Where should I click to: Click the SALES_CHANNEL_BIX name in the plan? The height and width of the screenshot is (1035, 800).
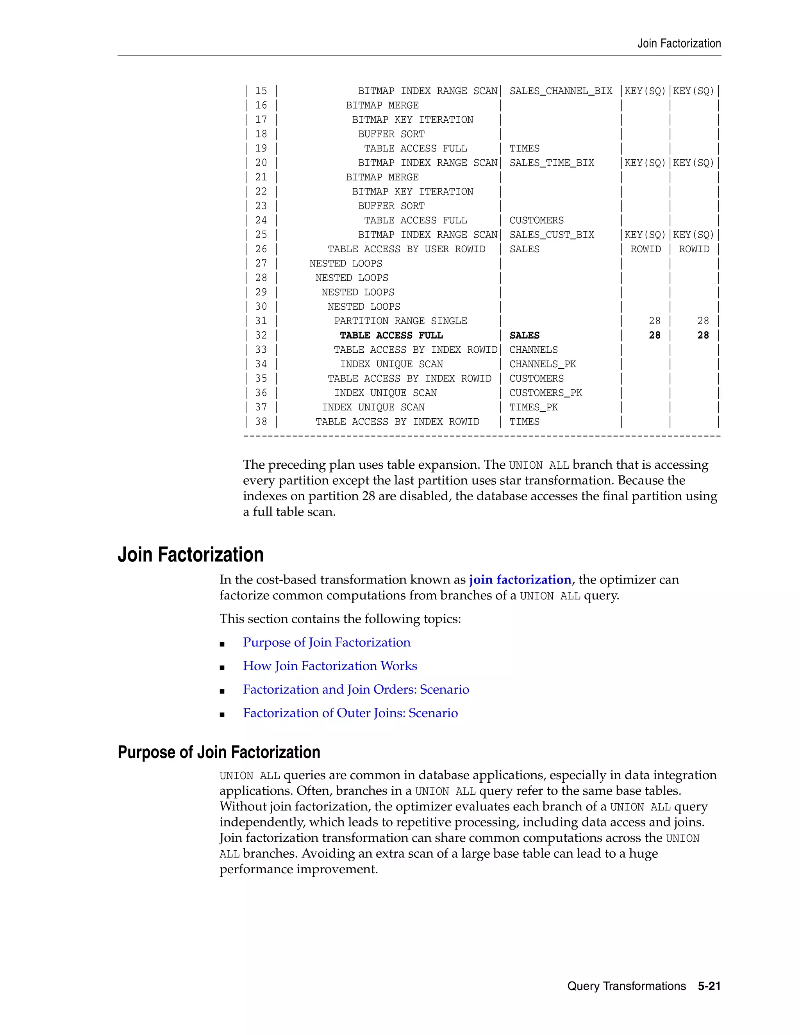point(561,91)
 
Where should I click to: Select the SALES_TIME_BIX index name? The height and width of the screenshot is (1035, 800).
point(552,163)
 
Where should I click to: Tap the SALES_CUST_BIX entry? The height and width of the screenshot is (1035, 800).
point(552,235)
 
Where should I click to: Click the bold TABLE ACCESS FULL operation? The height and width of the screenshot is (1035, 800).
point(391,335)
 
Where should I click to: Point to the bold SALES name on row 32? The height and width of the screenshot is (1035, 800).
point(524,335)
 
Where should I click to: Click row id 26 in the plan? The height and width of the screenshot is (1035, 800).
point(261,249)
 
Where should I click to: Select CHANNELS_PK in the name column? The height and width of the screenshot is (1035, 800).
point(543,364)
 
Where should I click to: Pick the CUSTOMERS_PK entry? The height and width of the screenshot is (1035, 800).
point(545,393)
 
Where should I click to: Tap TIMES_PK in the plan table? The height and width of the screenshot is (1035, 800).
point(534,407)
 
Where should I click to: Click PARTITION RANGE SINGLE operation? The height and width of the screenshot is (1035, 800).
point(400,321)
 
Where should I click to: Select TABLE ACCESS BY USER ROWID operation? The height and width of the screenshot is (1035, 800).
point(406,249)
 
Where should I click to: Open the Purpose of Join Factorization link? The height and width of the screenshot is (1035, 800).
point(327,642)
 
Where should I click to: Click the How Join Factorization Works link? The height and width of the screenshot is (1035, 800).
point(330,666)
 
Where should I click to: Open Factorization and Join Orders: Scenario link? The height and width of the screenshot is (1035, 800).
point(356,689)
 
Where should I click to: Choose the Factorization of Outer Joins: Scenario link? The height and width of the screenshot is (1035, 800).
point(350,713)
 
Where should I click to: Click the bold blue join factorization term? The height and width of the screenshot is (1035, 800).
point(520,580)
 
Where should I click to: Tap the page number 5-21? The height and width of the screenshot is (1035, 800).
point(709,986)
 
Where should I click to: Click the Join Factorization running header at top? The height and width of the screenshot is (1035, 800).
point(679,44)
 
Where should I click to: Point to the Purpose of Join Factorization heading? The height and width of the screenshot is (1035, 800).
point(219,753)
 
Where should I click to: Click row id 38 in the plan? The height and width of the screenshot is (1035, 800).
point(261,422)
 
